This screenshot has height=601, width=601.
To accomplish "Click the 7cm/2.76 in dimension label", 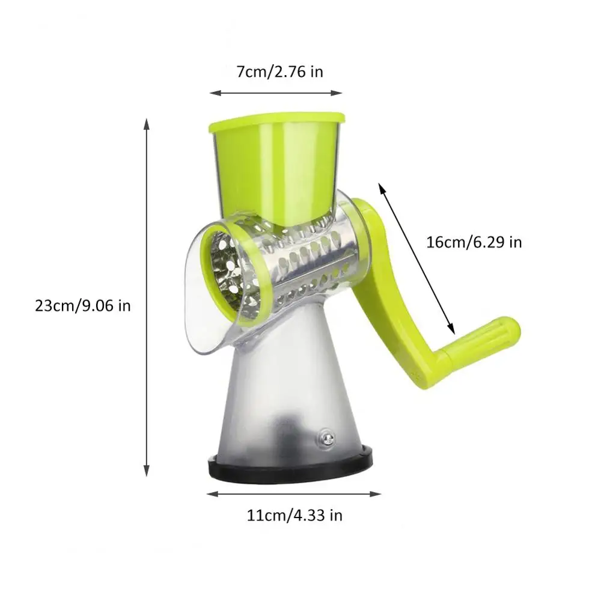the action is (x=279, y=72).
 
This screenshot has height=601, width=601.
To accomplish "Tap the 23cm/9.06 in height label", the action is (x=83, y=306).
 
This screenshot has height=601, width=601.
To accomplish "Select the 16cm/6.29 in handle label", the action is (x=474, y=242).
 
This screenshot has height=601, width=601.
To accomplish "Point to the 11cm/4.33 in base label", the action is (x=294, y=515).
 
